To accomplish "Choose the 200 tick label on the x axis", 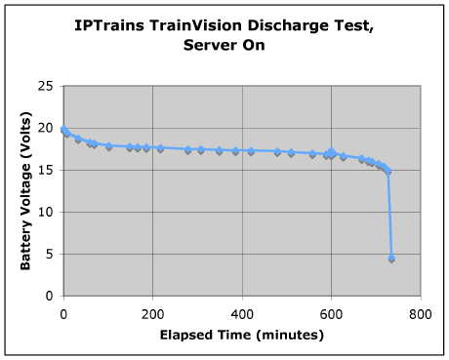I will click(x=152, y=314).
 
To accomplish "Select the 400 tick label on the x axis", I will click(x=241, y=314).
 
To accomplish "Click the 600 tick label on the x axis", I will click(x=331, y=314).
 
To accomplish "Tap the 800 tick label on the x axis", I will click(x=420, y=314).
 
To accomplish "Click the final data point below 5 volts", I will click(x=391, y=259).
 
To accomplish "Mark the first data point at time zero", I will click(x=63, y=129).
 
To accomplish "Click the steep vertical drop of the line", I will click(x=389, y=215).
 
